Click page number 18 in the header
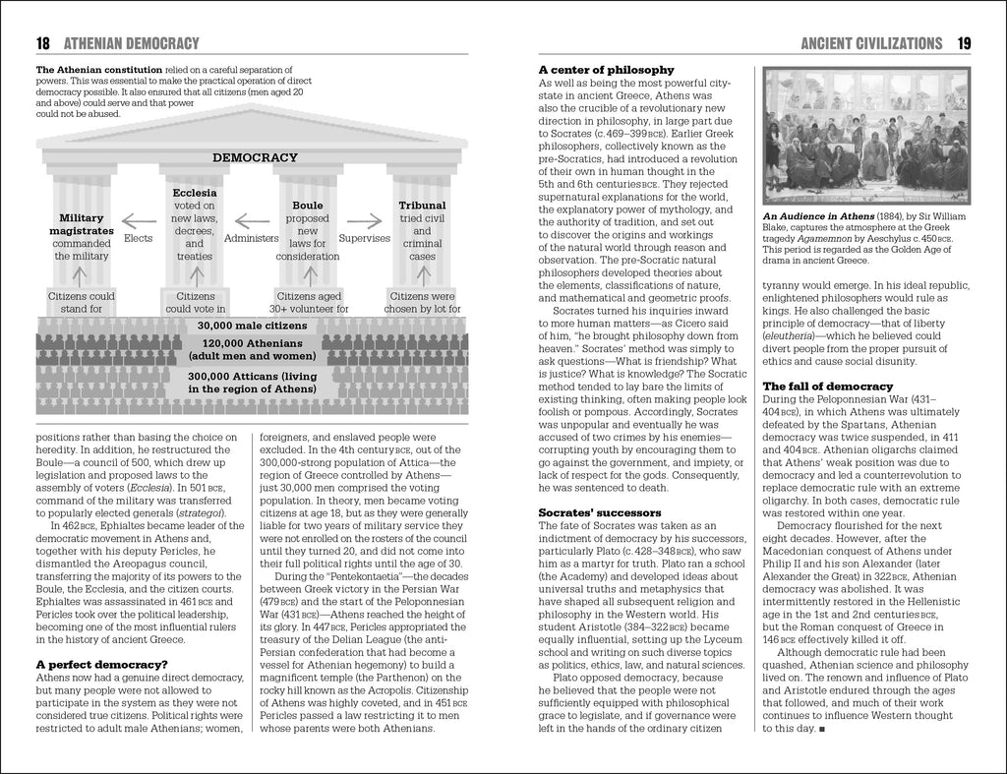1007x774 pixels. coord(42,43)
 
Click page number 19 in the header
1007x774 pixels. coord(963,43)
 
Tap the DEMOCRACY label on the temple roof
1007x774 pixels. coord(255,157)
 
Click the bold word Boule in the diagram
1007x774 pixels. coord(308,206)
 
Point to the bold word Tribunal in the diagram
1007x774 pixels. coord(422,206)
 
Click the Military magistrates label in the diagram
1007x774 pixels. coord(89,224)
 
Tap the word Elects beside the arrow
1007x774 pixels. coord(139,238)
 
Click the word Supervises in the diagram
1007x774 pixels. coord(365,238)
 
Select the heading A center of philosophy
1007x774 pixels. coord(606,70)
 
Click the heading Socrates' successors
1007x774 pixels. coord(600,512)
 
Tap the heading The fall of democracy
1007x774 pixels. coord(828,386)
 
